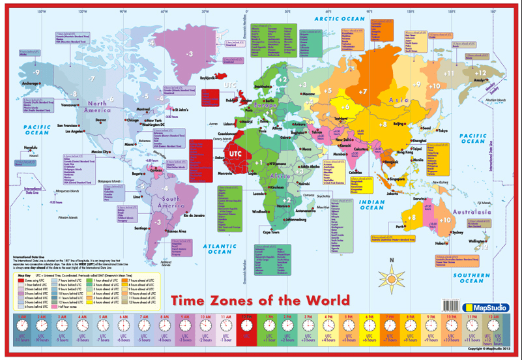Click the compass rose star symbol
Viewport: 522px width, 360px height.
click(x=392, y=266)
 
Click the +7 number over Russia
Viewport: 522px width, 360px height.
click(x=363, y=91)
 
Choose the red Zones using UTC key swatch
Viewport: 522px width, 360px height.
click(x=20, y=278)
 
